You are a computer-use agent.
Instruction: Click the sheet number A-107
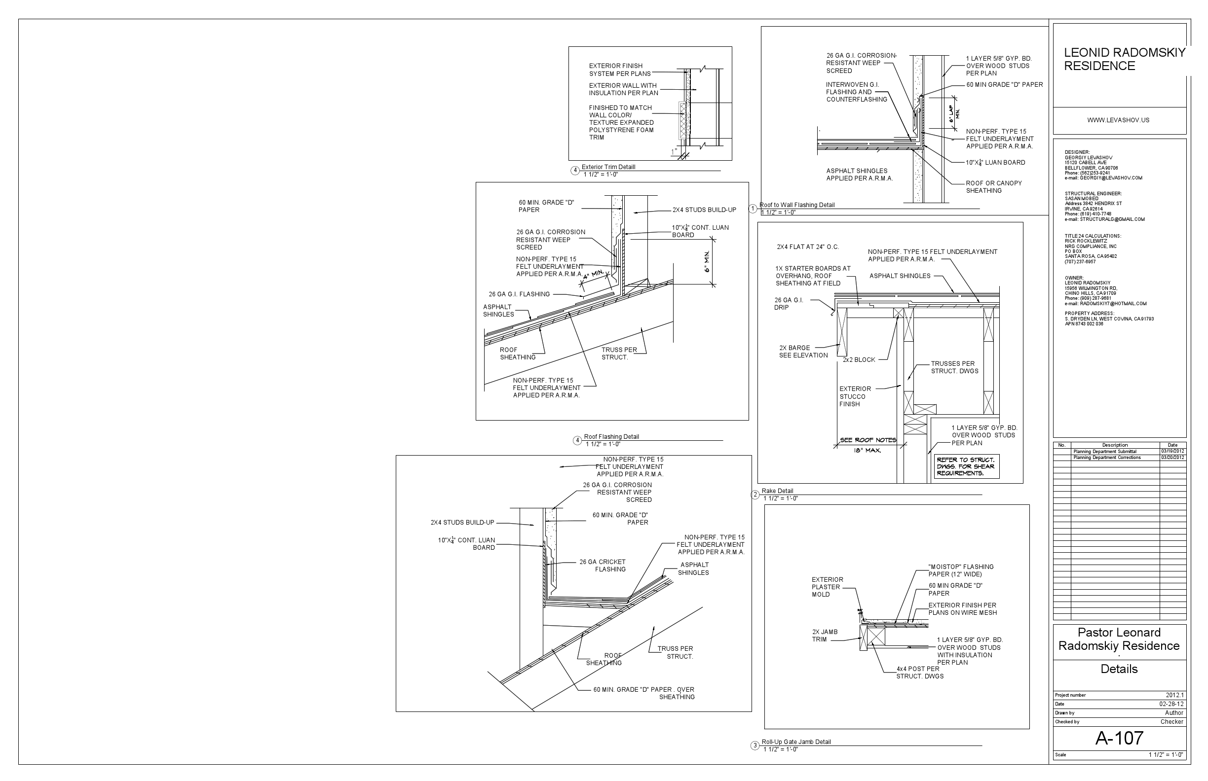tap(1119, 738)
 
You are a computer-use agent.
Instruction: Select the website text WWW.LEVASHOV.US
tap(1118, 120)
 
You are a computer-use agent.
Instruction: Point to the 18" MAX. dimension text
tap(868, 450)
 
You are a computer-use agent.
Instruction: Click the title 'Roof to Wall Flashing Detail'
tap(797, 205)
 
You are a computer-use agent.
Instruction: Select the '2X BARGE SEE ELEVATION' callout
tap(803, 352)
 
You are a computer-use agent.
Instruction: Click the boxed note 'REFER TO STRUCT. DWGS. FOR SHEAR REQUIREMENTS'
tap(966, 466)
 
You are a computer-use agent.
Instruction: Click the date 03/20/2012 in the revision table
tap(1172, 458)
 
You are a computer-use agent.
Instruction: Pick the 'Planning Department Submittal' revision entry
tap(1105, 451)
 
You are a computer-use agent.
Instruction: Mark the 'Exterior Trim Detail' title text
tap(608, 167)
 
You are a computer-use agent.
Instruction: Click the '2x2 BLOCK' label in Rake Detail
tap(859, 360)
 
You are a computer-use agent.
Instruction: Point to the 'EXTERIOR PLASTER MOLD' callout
tap(827, 587)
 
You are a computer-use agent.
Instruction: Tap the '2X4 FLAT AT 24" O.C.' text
tap(807, 248)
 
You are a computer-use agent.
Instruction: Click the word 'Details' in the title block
tap(1119, 669)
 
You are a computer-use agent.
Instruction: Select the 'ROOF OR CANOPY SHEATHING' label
tap(993, 187)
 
